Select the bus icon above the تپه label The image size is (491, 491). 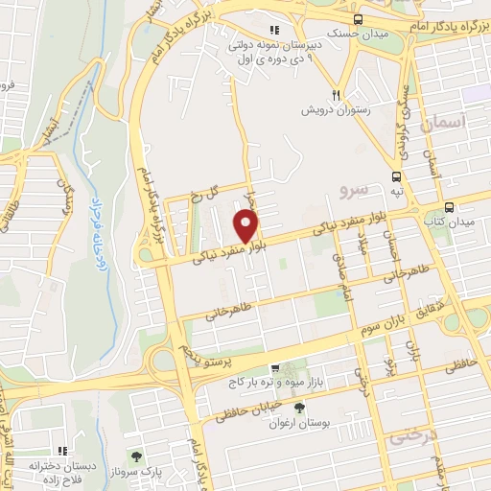click(396, 176)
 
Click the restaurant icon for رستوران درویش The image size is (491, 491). click(336, 95)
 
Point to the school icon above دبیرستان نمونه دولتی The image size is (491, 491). click(274, 29)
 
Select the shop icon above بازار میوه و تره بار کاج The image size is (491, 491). click(275, 368)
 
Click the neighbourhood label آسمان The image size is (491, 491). click(450, 122)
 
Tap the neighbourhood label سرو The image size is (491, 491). click(353, 191)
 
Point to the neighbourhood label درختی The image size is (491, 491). click(412, 436)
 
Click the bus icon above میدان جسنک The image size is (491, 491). click(358, 19)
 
